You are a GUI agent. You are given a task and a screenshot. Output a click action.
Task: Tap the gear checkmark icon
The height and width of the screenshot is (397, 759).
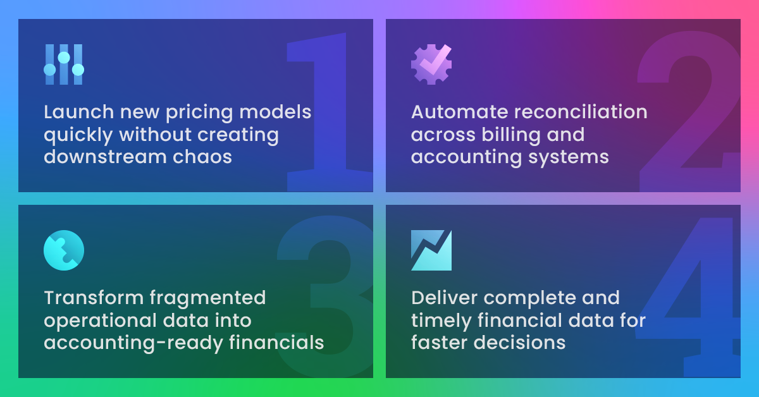(431, 64)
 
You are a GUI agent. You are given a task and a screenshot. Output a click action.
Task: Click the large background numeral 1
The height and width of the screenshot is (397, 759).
(329, 114)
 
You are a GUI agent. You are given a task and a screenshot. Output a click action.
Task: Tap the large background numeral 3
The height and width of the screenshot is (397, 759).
(323, 297)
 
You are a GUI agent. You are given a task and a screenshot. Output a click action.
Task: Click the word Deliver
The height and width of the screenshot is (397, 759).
(442, 298)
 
